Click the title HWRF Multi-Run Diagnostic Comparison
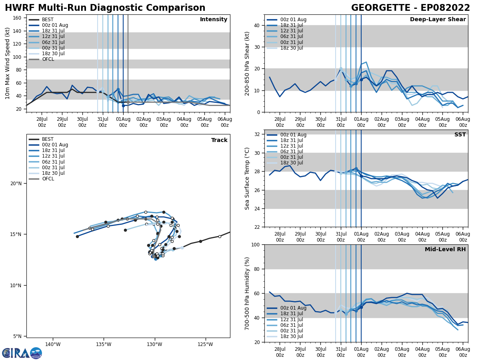point(105,8)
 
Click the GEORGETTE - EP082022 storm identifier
point(410,8)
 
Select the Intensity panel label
point(214,20)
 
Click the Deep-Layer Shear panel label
point(438,20)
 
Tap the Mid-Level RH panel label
point(445,250)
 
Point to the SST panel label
point(460,135)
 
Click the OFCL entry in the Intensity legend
point(48,59)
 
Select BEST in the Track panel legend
point(48,140)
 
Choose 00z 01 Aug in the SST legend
point(294,135)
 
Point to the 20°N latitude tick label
point(16,184)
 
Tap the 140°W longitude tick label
point(53,344)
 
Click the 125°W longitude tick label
point(205,344)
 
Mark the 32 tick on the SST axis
point(258,134)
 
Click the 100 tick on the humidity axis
point(256,244)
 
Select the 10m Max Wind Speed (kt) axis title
point(8,63)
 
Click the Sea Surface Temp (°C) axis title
point(248,178)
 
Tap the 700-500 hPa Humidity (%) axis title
point(248,293)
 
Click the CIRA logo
point(22,353)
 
